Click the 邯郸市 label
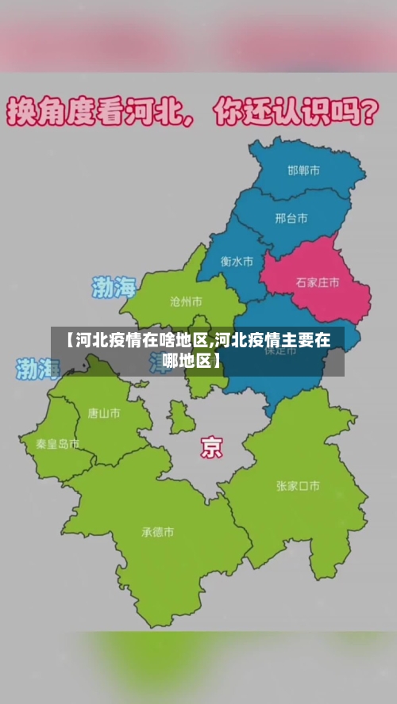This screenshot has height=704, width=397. click(x=304, y=170)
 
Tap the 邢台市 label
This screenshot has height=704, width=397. click(x=291, y=218)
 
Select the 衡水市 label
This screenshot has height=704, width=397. click(x=237, y=261)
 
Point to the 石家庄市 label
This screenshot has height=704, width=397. click(x=317, y=282)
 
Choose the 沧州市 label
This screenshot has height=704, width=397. click(x=186, y=302)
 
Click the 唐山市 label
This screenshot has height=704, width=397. click(x=104, y=412)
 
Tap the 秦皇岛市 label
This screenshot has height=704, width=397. click(x=58, y=444)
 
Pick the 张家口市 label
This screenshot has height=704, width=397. click(x=298, y=486)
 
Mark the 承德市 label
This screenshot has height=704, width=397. click(x=157, y=532)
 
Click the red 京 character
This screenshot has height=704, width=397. click(x=211, y=448)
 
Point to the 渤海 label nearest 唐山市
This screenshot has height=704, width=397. click(x=38, y=368)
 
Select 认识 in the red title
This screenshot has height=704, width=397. click(x=290, y=113)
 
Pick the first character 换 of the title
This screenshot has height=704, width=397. click(x=21, y=113)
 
